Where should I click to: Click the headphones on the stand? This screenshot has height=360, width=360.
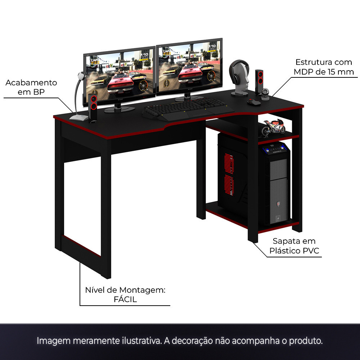coord(239,71)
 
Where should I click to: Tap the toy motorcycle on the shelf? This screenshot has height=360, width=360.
coord(273,128)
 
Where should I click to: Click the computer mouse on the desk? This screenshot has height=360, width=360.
coord(254,102)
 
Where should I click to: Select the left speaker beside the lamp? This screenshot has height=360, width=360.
coord(93,108)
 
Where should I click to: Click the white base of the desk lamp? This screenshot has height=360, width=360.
coord(78,118)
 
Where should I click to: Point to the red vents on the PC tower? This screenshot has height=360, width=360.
coord(229,175)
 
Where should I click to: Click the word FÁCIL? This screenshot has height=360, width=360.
coord(125,300)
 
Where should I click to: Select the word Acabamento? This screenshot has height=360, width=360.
coord(31,83)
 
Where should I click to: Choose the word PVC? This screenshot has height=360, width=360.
coord(311,251)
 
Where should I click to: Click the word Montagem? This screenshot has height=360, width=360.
coord(142,290)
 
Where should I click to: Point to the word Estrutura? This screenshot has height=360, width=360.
coord(311,62)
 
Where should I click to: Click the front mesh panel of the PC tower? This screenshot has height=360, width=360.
coord(279,190)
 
